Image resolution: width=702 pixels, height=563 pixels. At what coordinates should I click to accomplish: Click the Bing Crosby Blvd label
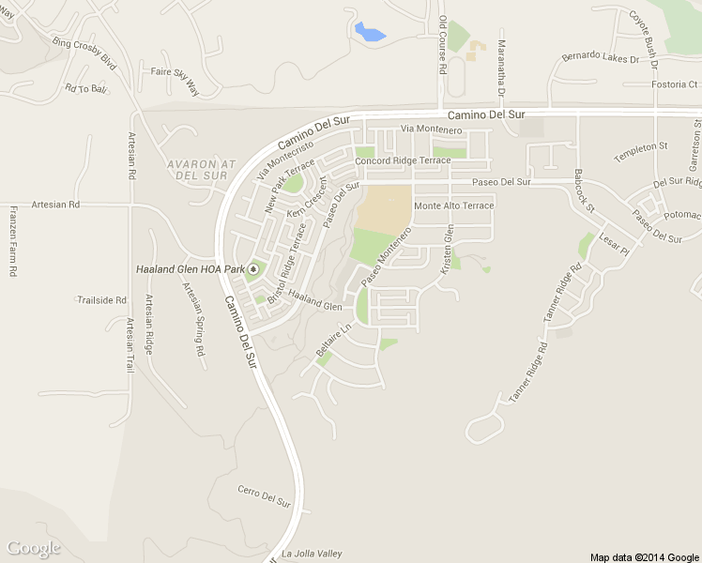click(84, 54)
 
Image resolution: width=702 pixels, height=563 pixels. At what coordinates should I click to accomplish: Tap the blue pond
click(369, 33)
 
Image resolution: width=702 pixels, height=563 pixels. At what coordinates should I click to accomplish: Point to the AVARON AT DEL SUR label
click(198, 169)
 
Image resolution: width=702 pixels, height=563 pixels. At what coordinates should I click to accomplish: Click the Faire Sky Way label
click(175, 80)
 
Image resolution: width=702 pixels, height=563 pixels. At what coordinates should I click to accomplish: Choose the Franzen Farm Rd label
click(13, 240)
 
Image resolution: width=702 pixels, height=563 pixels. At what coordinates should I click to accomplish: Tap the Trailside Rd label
click(101, 300)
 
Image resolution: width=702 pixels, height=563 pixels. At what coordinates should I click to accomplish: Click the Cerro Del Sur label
click(264, 495)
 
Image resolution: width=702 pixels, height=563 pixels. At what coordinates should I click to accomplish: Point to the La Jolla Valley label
click(313, 553)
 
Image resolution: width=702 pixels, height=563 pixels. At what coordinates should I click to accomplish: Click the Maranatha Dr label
click(501, 69)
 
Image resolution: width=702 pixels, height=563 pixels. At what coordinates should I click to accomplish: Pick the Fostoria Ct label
click(676, 84)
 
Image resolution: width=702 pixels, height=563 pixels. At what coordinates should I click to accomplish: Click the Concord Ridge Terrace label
click(404, 160)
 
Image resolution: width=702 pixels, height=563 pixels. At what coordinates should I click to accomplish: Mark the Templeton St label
click(640, 146)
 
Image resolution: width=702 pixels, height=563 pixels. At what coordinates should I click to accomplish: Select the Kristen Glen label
click(449, 254)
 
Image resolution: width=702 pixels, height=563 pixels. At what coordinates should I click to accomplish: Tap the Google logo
click(33, 548)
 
